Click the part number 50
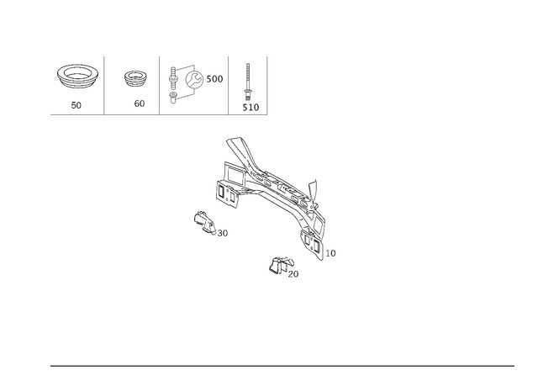(x=76, y=105)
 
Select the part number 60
(x=140, y=103)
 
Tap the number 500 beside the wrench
(x=214, y=79)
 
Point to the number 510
(x=251, y=108)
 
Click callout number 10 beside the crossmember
(x=330, y=253)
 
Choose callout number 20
(x=293, y=274)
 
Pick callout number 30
(x=222, y=234)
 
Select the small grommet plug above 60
(x=135, y=80)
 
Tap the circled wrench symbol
(x=194, y=79)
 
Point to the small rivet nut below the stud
(x=173, y=98)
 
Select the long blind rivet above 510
(x=247, y=82)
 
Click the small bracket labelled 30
(x=204, y=223)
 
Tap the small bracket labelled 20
(x=281, y=265)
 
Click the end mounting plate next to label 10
(x=312, y=245)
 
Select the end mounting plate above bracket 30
(x=227, y=194)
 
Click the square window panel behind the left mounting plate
(x=234, y=174)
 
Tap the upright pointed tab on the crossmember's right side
(x=313, y=190)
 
